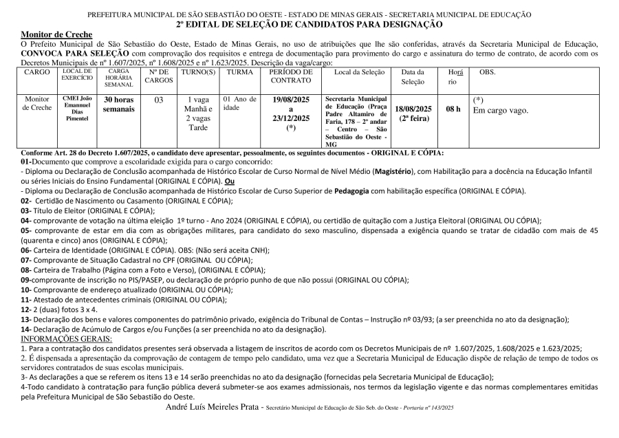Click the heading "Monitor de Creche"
pos(52,34)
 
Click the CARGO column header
pos(36,72)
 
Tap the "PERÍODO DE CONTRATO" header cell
pos(291,76)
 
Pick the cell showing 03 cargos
pos(159,100)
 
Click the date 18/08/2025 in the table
pos(414,108)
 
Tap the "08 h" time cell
pos(453,109)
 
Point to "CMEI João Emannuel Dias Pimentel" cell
pos(77,109)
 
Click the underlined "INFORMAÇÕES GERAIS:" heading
pos(66,338)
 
